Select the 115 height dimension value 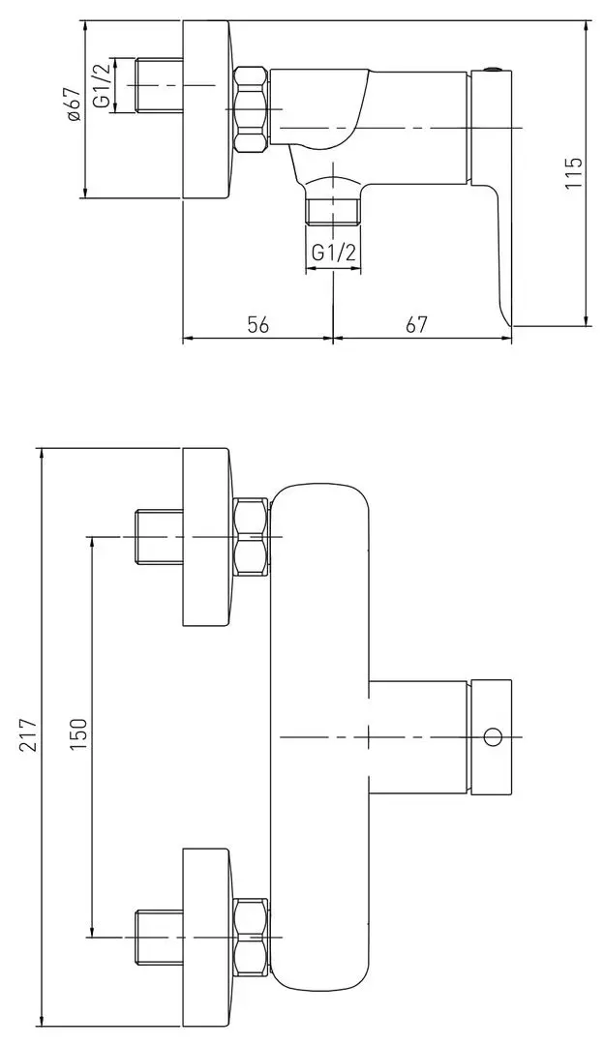(x=573, y=172)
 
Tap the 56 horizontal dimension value (x=257, y=324)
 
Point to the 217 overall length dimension (x=27, y=734)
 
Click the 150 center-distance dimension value (x=78, y=734)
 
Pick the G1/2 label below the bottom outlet (x=333, y=253)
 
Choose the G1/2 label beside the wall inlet (x=102, y=85)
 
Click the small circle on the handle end (x=493, y=737)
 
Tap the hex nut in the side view (x=252, y=109)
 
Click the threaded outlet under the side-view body (x=333, y=211)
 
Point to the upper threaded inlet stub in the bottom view (x=160, y=537)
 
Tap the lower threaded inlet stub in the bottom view (x=160, y=937)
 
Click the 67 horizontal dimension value (x=415, y=324)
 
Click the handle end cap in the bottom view (x=492, y=737)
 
